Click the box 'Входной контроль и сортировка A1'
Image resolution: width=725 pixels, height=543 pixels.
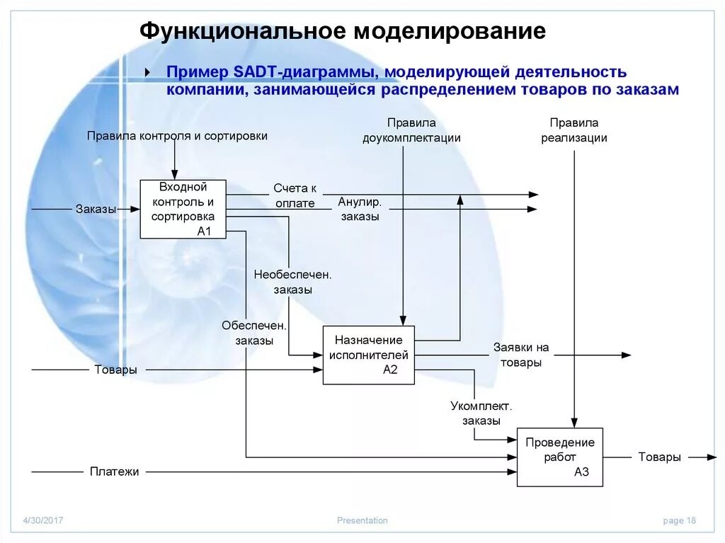pyautogui.click(x=183, y=209)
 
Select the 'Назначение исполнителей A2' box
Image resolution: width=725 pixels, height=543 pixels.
pyautogui.click(x=368, y=355)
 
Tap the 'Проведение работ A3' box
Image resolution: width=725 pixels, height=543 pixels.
pyautogui.click(x=559, y=457)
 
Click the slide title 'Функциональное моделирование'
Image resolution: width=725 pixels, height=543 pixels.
pyautogui.click(x=342, y=31)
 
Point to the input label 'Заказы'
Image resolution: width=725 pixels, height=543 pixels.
pyautogui.click(x=96, y=209)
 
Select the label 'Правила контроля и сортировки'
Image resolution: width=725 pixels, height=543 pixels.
pyautogui.click(x=177, y=136)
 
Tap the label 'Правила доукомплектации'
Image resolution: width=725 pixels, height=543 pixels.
pyautogui.click(x=411, y=130)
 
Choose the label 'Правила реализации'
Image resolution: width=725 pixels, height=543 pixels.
pyautogui.click(x=574, y=130)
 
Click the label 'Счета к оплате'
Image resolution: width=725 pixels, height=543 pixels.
pyautogui.click(x=295, y=195)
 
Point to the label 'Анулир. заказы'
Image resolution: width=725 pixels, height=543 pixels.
pyautogui.click(x=360, y=210)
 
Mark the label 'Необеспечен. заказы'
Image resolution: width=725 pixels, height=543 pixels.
pyautogui.click(x=293, y=282)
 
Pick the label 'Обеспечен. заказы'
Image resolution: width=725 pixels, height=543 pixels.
pyautogui.click(x=254, y=333)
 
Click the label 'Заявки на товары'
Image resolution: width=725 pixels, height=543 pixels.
pyautogui.click(x=521, y=355)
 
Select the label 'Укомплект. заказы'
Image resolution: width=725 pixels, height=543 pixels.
pyautogui.click(x=481, y=413)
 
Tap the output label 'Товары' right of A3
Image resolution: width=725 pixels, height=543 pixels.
pyautogui.click(x=659, y=457)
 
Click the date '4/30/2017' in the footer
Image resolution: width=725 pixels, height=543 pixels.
pyautogui.click(x=42, y=520)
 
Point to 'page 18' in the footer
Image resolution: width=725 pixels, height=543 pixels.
pyautogui.click(x=679, y=520)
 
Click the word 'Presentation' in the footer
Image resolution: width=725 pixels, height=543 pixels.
pyautogui.click(x=362, y=520)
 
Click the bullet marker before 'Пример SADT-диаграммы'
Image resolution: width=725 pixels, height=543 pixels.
pyautogui.click(x=147, y=73)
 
